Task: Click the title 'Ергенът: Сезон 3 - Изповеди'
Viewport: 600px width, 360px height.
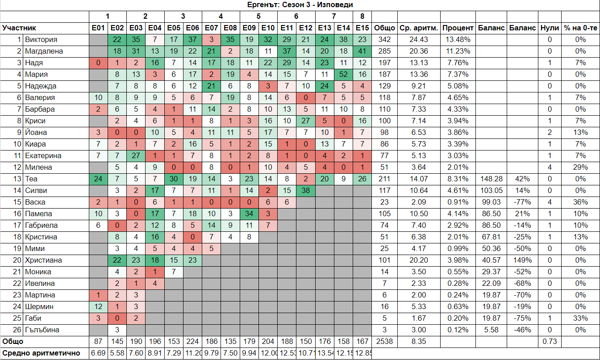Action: pos(300,5)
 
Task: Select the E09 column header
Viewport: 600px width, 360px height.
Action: pos(250,28)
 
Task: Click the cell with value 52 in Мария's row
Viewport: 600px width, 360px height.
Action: pos(343,75)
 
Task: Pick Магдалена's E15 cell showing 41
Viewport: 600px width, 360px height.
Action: pos(362,51)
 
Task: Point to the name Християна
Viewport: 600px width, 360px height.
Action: pos(43,260)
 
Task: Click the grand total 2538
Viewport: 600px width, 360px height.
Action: pos(384,342)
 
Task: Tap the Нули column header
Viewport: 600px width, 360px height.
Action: pos(550,28)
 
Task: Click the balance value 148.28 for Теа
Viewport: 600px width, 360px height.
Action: pos(490,179)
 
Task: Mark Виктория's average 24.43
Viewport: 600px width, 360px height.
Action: pos(419,40)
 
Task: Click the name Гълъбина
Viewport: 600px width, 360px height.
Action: pos(42,330)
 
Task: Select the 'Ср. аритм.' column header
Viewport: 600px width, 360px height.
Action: pos(419,28)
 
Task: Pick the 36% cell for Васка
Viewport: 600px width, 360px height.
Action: pos(580,202)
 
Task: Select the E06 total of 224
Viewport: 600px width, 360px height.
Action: pos(193,342)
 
